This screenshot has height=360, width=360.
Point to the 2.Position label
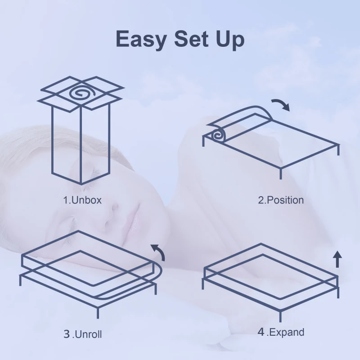281,200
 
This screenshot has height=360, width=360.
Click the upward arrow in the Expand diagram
337,260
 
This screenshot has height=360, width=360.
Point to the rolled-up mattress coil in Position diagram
217,134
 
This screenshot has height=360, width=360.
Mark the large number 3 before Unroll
67,334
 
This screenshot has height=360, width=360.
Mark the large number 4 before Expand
261,333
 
